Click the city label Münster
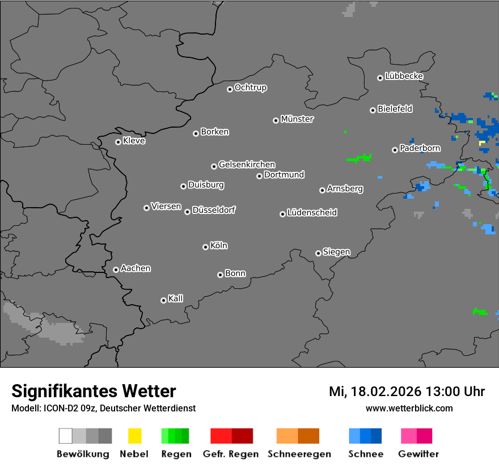[297, 119]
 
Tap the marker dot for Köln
[205, 247]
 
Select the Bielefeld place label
[395, 109]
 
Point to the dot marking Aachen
[116, 270]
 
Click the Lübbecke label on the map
[404, 76]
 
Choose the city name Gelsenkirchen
[247, 165]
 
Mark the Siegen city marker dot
[318, 253]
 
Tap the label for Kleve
[134, 141]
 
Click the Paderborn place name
[420, 149]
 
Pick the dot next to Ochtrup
[230, 89]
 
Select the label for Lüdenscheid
[312, 213]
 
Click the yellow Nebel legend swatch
[134, 436]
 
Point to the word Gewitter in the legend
[418, 454]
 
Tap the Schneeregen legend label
[299, 454]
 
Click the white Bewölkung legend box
[65, 436]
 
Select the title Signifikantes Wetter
[94, 391]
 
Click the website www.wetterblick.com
[409, 408]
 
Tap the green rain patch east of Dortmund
[360, 157]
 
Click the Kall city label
[176, 298]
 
